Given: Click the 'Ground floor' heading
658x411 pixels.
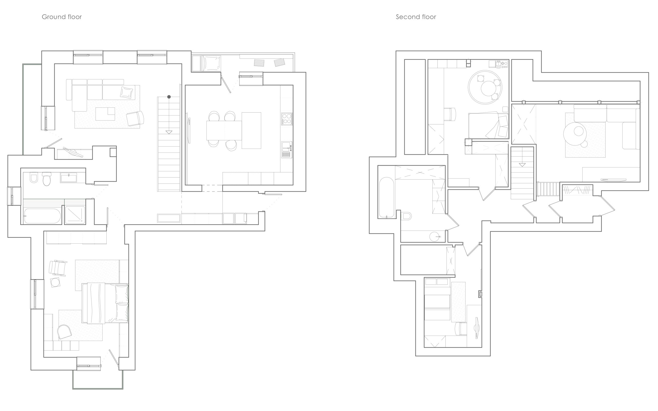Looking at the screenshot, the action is [x=62, y=17].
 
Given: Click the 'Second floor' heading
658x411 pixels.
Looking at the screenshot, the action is [x=416, y=17].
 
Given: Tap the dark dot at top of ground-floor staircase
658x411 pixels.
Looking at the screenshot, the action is [x=169, y=97].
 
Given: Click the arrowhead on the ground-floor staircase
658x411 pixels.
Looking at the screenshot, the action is [x=169, y=132].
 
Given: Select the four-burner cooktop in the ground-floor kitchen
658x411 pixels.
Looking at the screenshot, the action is [x=287, y=119].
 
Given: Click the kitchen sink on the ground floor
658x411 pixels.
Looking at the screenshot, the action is [x=287, y=150].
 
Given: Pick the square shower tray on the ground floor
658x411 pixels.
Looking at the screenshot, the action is [x=75, y=215].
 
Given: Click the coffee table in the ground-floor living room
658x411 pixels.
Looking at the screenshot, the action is [x=105, y=114].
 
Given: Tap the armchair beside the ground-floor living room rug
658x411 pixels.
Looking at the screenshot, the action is [x=135, y=118].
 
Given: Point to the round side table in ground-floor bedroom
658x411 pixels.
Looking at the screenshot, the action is [x=56, y=282].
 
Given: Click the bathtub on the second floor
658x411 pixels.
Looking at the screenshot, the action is [x=386, y=197].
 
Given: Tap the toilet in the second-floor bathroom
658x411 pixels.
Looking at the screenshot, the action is [x=406, y=216].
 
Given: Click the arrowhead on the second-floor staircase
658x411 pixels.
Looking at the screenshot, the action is [x=522, y=165].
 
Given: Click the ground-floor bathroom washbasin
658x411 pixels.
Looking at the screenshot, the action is [x=68, y=178].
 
